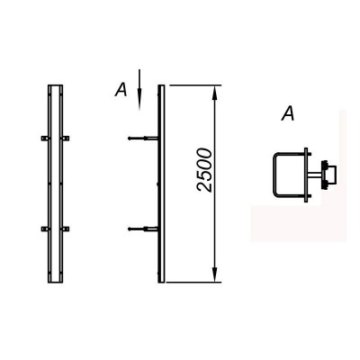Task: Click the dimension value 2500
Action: coord(204,170)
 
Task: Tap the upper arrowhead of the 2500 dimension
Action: coord(214,93)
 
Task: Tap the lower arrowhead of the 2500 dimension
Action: coord(214,275)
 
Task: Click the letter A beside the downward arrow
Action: coord(121,90)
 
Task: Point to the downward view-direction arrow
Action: coord(139,89)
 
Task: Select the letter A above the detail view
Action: coord(288,114)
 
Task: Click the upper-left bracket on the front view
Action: coord(45,139)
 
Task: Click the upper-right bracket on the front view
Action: coord(66,139)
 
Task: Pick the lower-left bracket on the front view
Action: coord(45,229)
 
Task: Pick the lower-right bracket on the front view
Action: coord(66,229)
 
